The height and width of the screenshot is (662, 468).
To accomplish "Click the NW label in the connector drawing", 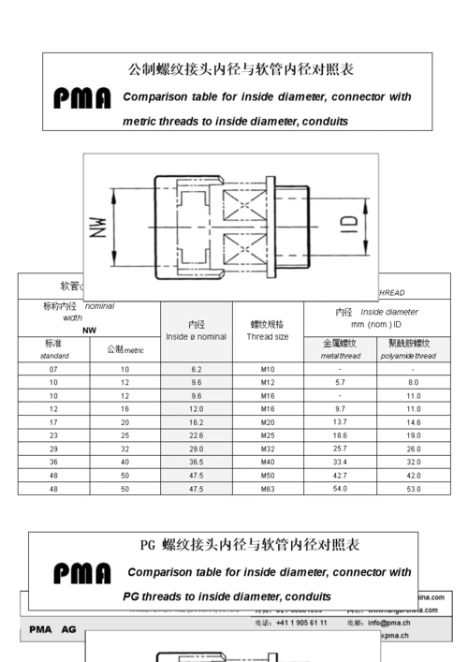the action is click(101, 224).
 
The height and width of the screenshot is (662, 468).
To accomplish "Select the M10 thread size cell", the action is click(268, 370).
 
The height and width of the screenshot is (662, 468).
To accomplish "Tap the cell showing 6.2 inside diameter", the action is click(196, 370).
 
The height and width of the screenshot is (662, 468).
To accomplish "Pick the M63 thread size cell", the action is click(268, 489).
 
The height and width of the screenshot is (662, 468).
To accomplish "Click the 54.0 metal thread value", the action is click(340, 489).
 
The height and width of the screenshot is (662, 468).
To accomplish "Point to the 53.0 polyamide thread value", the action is click(413, 489).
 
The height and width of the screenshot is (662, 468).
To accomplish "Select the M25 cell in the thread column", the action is click(268, 435).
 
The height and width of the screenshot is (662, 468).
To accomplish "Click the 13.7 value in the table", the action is click(340, 422).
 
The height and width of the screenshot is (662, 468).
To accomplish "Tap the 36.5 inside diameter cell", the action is click(196, 462).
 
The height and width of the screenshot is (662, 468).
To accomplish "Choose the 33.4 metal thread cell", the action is click(340, 462).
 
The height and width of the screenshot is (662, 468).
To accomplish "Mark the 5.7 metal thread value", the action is click(340, 383).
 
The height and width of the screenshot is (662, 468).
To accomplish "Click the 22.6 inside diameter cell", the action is click(196, 435).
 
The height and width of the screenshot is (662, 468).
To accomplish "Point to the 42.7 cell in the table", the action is click(340, 475).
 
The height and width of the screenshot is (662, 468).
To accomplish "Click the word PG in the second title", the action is click(147, 545).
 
